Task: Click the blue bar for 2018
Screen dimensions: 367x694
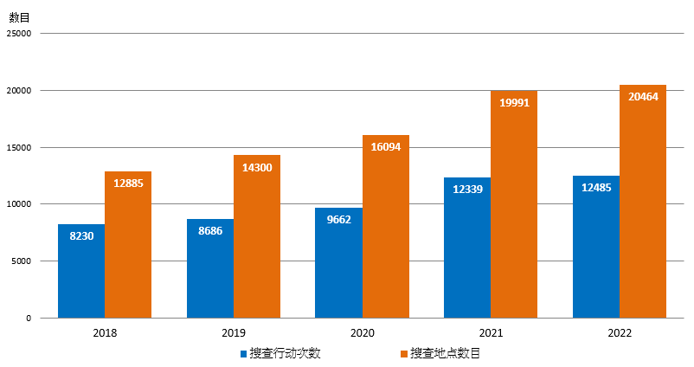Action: coord(81,271)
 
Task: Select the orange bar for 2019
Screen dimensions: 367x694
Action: coord(257,236)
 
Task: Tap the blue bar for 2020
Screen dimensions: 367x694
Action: coord(338,263)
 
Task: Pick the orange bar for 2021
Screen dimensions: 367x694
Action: coord(514,204)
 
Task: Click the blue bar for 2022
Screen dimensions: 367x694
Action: coord(596,247)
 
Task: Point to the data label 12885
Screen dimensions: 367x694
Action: coord(128,183)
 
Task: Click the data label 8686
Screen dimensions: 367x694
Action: coord(210,230)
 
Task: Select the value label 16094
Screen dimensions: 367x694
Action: coord(385,146)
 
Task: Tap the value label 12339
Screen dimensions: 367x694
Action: coord(467,189)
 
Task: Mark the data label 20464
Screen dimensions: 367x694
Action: coord(643,96)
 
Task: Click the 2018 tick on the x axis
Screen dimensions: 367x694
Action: coord(105,332)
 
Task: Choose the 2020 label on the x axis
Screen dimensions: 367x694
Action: coord(362,332)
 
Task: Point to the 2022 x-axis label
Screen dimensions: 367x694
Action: coord(620,332)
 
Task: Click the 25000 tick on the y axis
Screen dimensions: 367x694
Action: coord(18,34)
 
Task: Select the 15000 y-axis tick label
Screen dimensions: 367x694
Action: coord(18,147)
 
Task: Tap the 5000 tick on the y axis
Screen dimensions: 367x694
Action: coord(22,261)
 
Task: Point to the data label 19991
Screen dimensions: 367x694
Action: coord(514,102)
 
